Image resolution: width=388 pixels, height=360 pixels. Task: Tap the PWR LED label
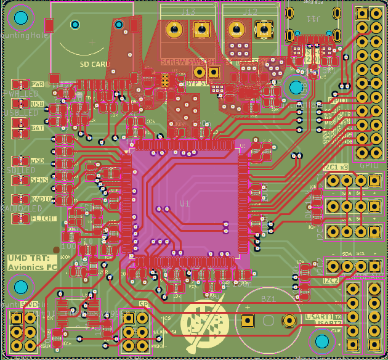click(37, 84)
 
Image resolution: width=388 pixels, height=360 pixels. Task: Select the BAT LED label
click(37, 128)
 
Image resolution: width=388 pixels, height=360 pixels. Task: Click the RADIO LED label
click(41, 199)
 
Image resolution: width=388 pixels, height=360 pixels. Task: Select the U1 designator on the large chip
click(185, 203)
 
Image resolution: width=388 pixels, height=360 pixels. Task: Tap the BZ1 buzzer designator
click(268, 299)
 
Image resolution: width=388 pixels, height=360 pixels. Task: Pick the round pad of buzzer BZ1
click(288, 320)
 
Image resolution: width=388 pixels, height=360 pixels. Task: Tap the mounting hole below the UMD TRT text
click(21, 286)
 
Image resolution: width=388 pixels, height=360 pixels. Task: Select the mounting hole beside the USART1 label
click(321, 340)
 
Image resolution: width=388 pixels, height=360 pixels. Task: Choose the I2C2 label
click(332, 280)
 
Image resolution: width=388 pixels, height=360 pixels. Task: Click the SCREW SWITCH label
click(187, 62)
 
